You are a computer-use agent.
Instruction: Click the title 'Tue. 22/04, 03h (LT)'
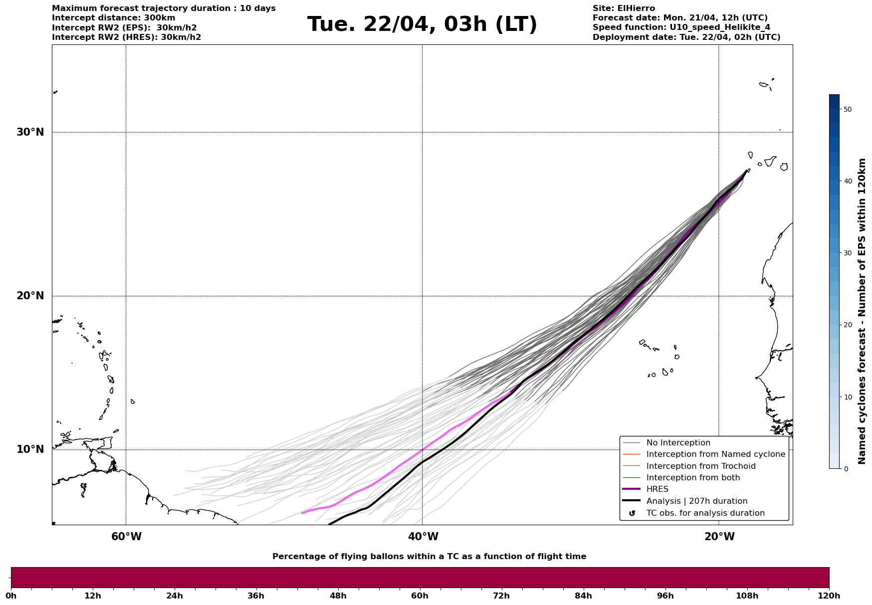[x=422, y=24]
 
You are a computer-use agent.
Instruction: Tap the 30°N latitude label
[x=30, y=132]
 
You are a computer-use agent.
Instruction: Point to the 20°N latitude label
[x=30, y=296]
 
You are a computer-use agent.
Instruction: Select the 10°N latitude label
[x=30, y=449]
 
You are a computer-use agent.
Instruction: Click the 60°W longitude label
[x=126, y=537]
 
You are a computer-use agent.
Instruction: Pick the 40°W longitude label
[x=423, y=537]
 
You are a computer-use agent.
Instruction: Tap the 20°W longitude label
[x=719, y=537]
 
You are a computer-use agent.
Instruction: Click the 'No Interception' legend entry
[x=678, y=443]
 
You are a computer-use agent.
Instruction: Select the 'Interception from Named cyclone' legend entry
[x=715, y=454]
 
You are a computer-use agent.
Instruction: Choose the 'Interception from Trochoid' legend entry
[x=700, y=466]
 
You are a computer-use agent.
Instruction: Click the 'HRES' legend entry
[x=657, y=489]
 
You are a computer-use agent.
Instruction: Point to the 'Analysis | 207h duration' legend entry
[x=696, y=501]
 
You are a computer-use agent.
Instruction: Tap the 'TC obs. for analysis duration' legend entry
[x=705, y=513]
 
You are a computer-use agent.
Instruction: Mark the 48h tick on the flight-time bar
[x=338, y=596]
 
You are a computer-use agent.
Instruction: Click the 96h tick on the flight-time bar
[x=665, y=596]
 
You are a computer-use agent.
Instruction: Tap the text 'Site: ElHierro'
[x=624, y=8]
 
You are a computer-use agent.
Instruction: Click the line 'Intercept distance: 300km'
[x=114, y=18]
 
